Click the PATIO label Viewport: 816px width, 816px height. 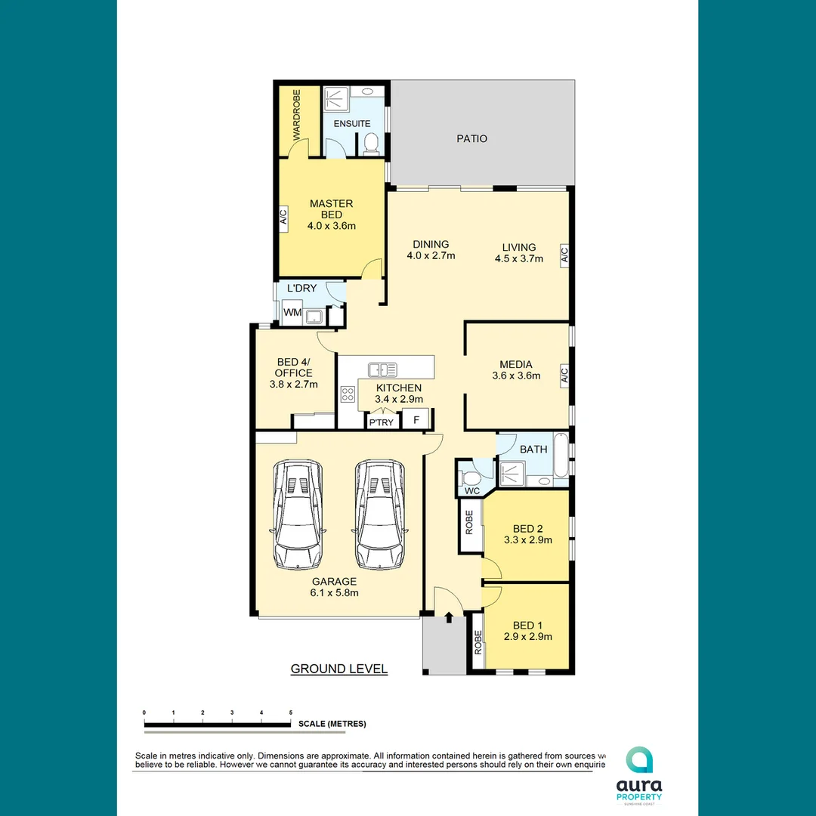tap(472, 138)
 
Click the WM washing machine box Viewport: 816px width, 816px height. tap(292, 313)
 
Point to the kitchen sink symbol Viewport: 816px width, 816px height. tap(383, 369)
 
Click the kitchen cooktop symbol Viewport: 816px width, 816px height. tap(348, 394)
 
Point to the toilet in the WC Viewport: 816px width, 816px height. tap(470, 477)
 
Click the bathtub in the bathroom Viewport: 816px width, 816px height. tap(561, 456)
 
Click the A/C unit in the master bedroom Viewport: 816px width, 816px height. tap(284, 218)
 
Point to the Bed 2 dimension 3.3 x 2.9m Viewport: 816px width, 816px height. tap(528, 540)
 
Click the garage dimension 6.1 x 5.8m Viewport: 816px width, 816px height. tap(335, 592)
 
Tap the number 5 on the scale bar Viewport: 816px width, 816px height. tap(291, 712)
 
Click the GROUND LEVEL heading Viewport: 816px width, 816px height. tap(339, 669)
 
